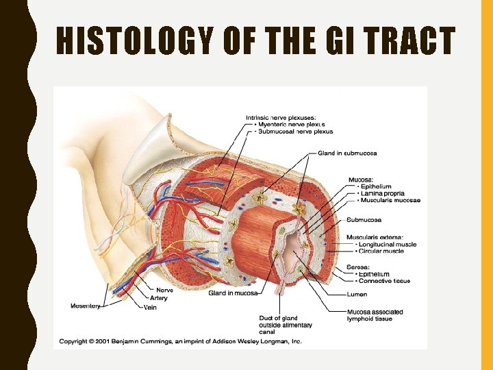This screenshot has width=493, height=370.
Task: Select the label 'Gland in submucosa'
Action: (347, 153)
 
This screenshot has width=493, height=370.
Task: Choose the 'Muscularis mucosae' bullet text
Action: (389, 200)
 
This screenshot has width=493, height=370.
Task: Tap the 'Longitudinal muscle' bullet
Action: (385, 244)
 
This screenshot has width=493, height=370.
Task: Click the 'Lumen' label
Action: (357, 295)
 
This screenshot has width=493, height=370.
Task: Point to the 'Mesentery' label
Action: (85, 306)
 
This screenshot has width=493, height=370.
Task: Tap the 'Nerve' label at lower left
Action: (164, 290)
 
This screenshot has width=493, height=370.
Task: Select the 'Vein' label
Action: (150, 308)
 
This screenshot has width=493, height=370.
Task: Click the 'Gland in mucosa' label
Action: (233, 293)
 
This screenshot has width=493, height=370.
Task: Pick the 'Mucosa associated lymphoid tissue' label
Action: (375, 315)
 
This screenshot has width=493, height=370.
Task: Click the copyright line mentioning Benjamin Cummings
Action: (180, 341)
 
